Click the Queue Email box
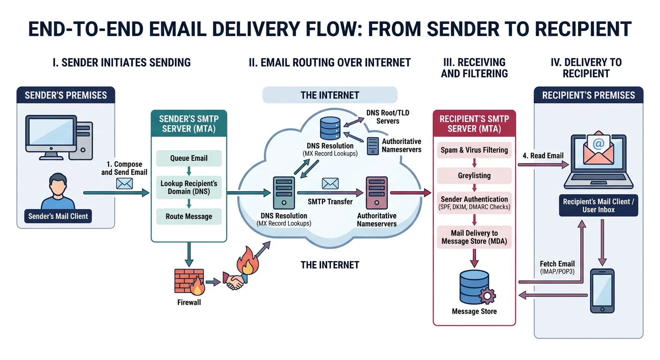coord(188,158)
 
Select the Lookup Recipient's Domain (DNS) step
coord(188,187)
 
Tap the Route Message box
coord(188,217)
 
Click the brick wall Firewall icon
coord(189,281)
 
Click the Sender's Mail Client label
coord(58,216)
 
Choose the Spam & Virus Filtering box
coord(474,150)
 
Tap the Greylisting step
coord(474,176)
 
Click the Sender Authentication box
coord(474,202)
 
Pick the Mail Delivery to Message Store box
coord(474,237)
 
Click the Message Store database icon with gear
coord(474,286)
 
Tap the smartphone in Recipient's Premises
coord(602,291)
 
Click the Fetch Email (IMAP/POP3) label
coord(557,267)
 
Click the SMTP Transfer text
coord(330,202)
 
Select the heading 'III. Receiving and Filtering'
coord(474,68)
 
